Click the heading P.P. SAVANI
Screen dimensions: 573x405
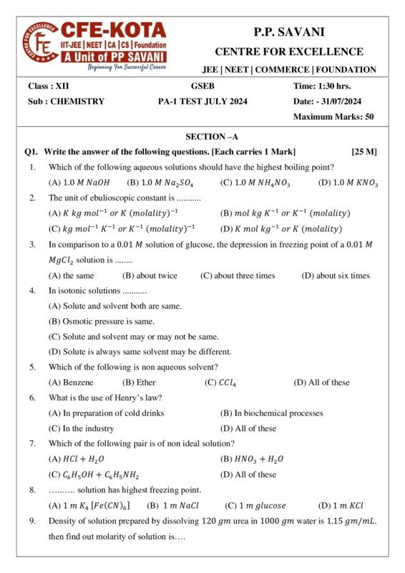(288, 32)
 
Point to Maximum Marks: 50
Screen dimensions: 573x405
(333, 117)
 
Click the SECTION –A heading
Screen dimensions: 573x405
(212, 136)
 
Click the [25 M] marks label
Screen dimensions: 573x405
(364, 152)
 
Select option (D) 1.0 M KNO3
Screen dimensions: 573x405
(348, 183)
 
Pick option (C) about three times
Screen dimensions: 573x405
(238, 275)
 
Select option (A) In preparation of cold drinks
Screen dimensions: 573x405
(106, 413)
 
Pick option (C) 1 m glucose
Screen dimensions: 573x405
(255, 505)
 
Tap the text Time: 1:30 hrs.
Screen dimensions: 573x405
(322, 86)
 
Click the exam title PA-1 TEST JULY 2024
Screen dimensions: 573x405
(202, 101)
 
